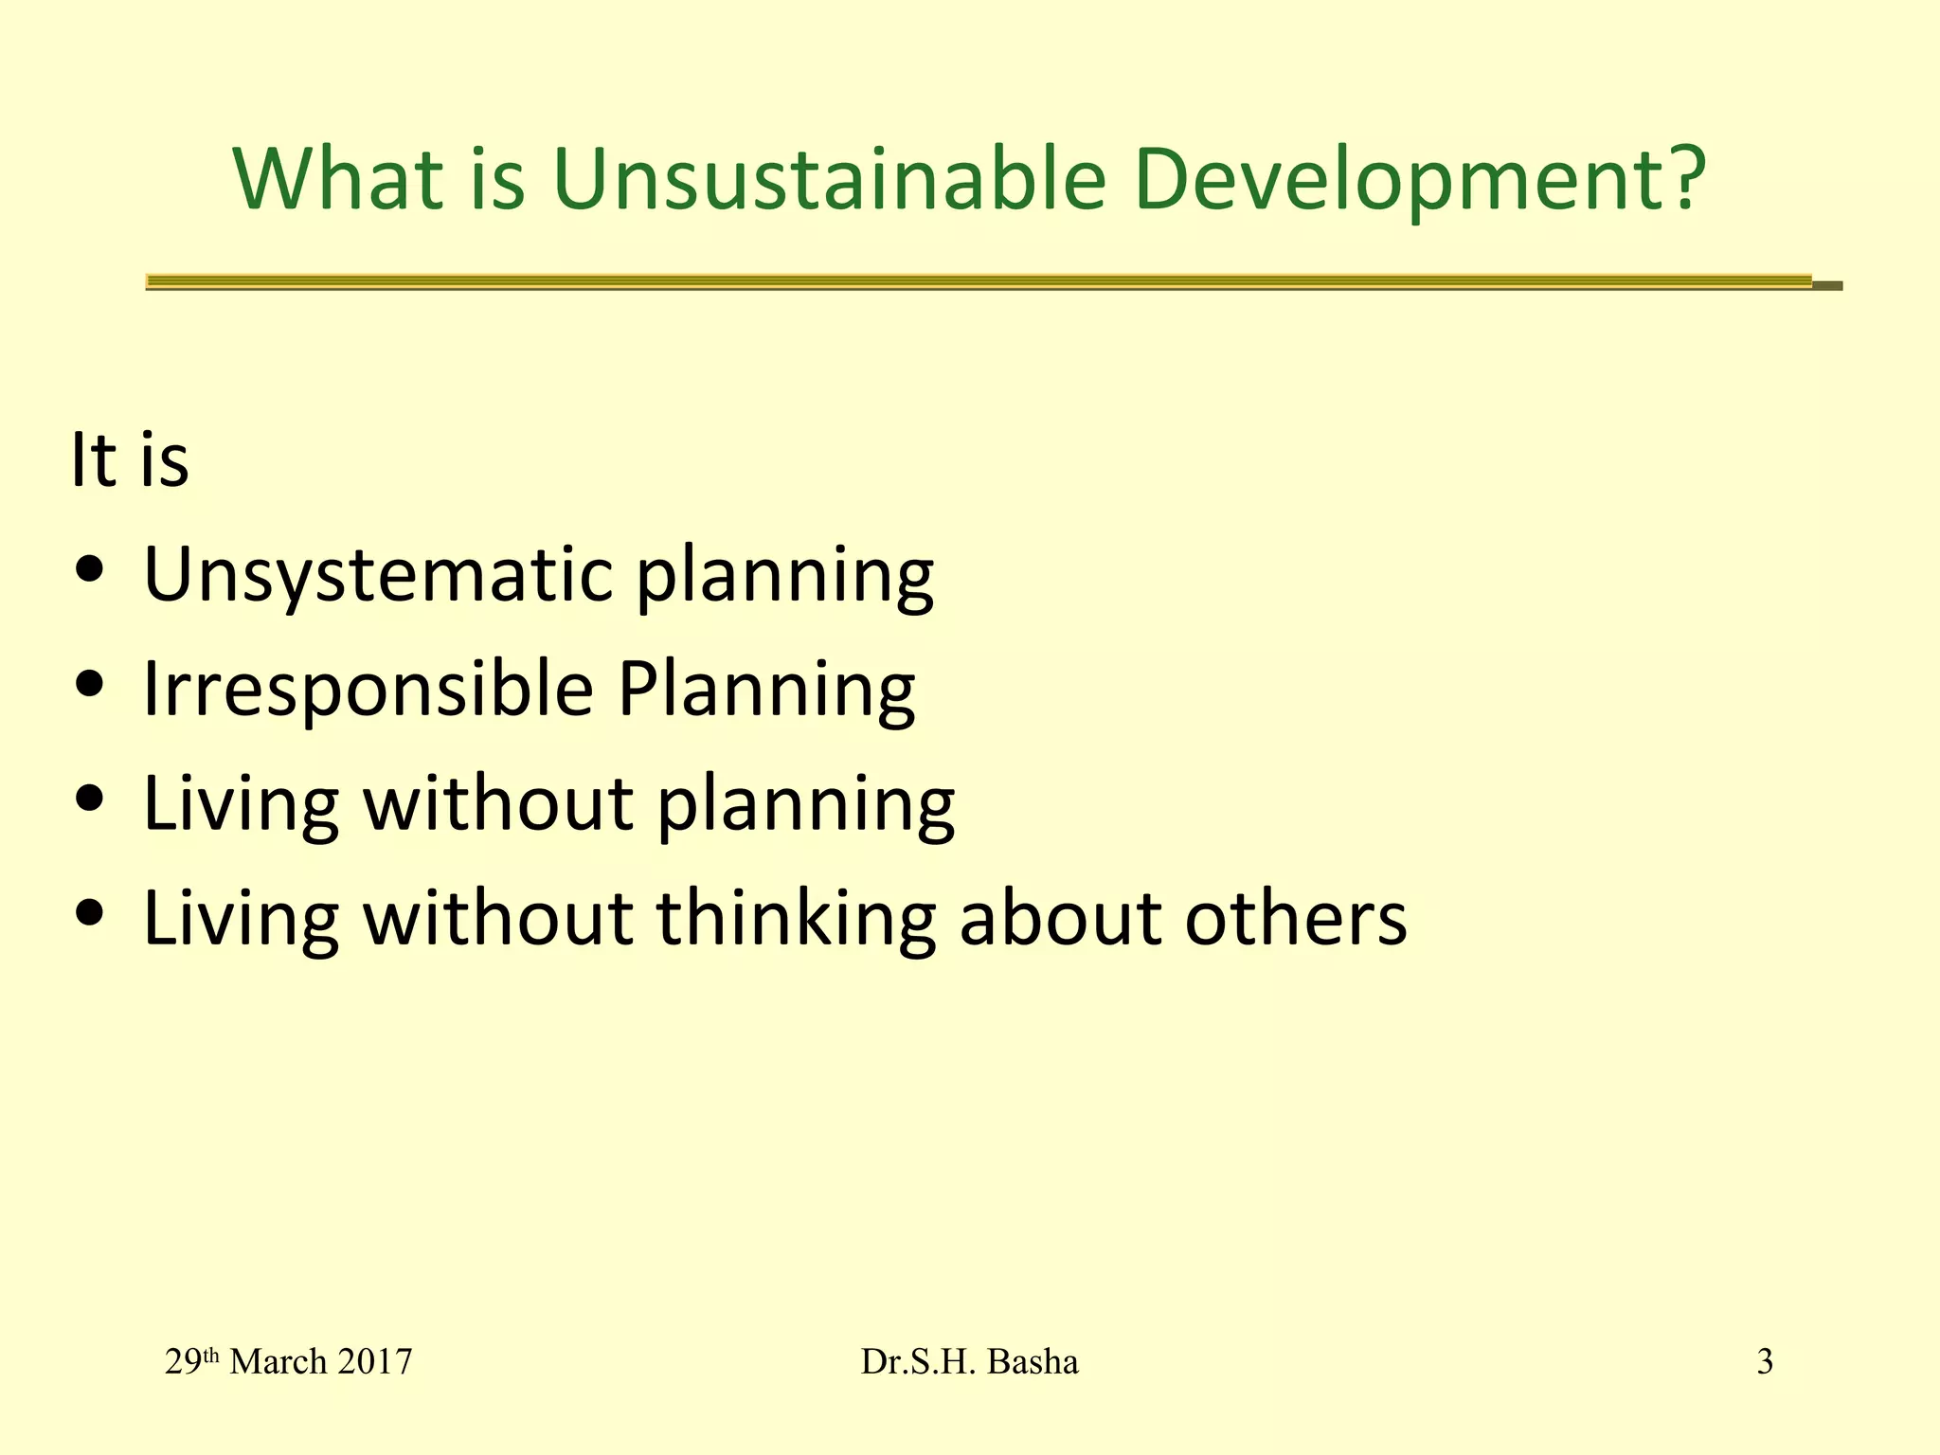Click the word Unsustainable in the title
pyautogui.click(x=829, y=180)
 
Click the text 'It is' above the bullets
pyautogui.click(x=130, y=460)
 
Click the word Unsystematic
pyautogui.click(x=378, y=575)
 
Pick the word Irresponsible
pyautogui.click(x=368, y=689)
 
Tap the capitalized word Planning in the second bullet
pyautogui.click(x=766, y=689)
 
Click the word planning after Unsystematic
pyautogui.click(x=785, y=575)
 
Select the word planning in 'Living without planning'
pyautogui.click(x=806, y=804)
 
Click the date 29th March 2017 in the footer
pyautogui.click(x=288, y=1362)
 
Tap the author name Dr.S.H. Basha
pyautogui.click(x=969, y=1362)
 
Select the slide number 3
pyautogui.click(x=1765, y=1362)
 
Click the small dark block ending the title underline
pyautogui.click(x=1827, y=285)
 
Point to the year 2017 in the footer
pyautogui.click(x=374, y=1362)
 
